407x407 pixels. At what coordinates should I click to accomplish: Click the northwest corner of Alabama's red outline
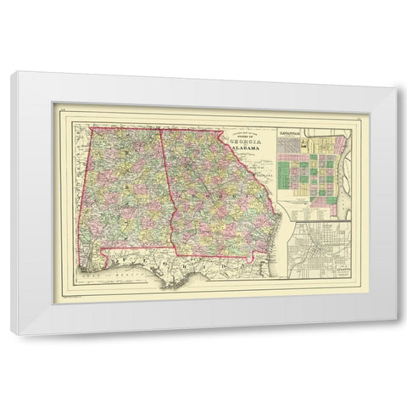point(91,128)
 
